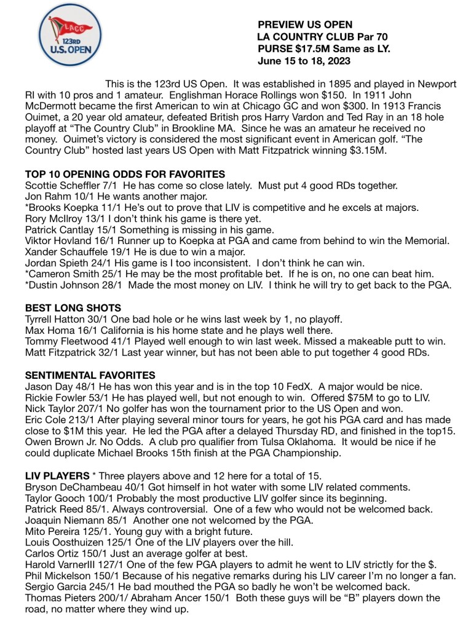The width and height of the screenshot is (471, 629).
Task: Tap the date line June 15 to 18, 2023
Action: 305,61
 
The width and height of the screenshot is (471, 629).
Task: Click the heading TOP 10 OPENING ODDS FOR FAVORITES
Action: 125,174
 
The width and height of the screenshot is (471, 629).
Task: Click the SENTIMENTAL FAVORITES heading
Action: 90,374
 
